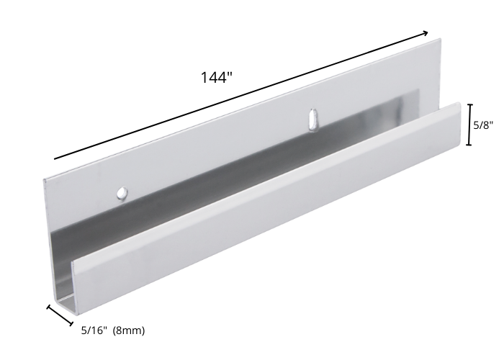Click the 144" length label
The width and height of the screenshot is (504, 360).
tap(217, 78)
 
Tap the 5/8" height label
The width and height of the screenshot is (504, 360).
tap(483, 125)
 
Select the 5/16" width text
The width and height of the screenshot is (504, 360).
tap(94, 330)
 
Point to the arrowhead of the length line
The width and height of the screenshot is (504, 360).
tap(426, 32)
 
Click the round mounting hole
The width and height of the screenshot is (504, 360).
tap(122, 193)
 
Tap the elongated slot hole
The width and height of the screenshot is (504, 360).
tap(312, 120)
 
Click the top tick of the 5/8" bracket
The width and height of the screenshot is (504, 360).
tap(469, 105)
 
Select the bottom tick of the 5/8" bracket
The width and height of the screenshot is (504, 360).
tap(469, 145)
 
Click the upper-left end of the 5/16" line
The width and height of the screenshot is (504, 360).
tap(49, 307)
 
